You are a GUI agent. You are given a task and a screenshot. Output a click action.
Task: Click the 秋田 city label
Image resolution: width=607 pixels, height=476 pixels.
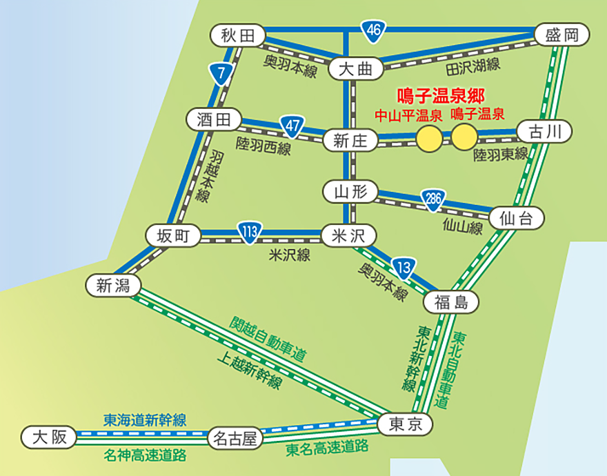[239, 35]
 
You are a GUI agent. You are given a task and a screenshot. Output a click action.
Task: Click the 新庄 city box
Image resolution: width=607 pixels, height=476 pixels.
[350, 141]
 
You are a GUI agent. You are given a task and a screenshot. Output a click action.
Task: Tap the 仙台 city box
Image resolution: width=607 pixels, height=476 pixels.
[517, 219]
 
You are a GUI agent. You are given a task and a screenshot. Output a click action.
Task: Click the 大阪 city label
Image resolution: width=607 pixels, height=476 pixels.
[48, 437]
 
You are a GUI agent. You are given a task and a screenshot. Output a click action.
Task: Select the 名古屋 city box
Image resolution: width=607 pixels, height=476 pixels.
[235, 438]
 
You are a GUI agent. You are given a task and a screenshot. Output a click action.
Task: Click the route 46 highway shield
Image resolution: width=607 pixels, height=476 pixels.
[373, 30]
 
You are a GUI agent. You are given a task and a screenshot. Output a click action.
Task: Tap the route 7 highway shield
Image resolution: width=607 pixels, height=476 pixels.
[220, 73]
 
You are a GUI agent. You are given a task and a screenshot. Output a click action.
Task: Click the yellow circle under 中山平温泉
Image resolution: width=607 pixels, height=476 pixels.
[430, 137]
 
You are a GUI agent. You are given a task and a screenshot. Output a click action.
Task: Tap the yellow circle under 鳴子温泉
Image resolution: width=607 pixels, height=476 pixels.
[464, 137]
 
